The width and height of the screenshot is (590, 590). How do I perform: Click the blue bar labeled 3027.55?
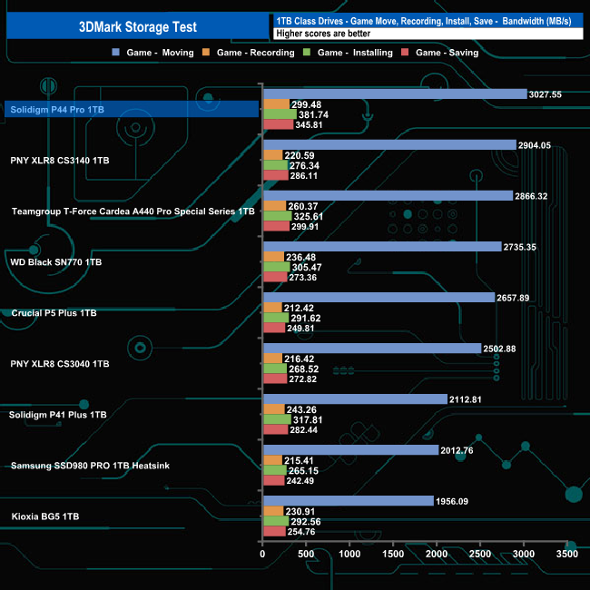point(395,93)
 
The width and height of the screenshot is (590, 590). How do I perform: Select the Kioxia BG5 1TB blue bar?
point(348,500)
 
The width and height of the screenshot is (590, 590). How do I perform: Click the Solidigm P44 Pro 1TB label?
point(56,110)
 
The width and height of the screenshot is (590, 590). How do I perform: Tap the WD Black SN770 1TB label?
point(55,262)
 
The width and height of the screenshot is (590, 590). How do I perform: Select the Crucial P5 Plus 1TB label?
point(54,313)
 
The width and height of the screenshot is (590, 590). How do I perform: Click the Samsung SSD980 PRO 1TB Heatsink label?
point(90,466)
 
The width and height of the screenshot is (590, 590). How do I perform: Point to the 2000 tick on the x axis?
point(437,554)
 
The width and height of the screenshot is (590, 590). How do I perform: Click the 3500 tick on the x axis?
point(566,554)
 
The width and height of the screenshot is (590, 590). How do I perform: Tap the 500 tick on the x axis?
point(306,554)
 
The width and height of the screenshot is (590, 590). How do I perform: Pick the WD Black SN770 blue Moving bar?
point(381,246)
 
